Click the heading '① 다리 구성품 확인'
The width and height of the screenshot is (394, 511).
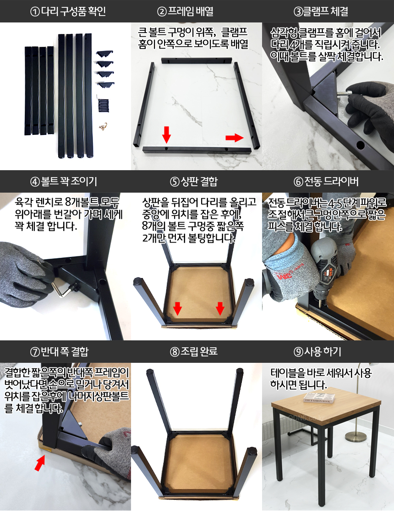pyautogui.click(x=68, y=11)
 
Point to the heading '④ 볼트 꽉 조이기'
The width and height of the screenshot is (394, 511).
pyautogui.click(x=64, y=181)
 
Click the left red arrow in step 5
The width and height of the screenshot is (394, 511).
pyautogui.click(x=178, y=309)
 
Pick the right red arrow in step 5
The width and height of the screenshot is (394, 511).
pyautogui.click(x=220, y=309)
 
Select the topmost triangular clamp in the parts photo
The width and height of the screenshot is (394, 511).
pyautogui.click(x=104, y=54)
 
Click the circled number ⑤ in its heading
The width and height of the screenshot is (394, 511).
pyautogui.click(x=174, y=181)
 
